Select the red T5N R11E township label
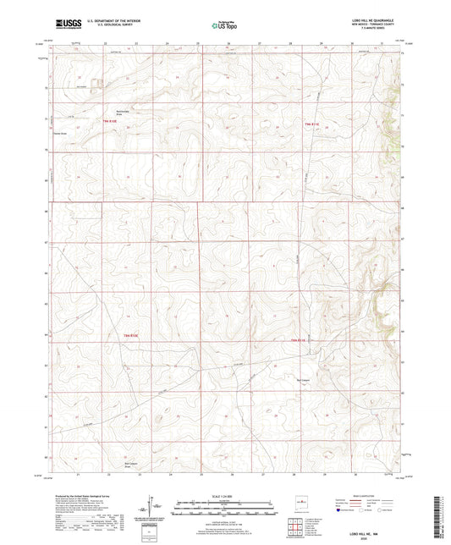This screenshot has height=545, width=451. click(311, 125)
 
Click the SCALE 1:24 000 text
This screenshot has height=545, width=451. click(225, 496)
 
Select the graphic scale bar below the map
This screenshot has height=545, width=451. click(225, 505)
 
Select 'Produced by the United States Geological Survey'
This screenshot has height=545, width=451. click(80, 496)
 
